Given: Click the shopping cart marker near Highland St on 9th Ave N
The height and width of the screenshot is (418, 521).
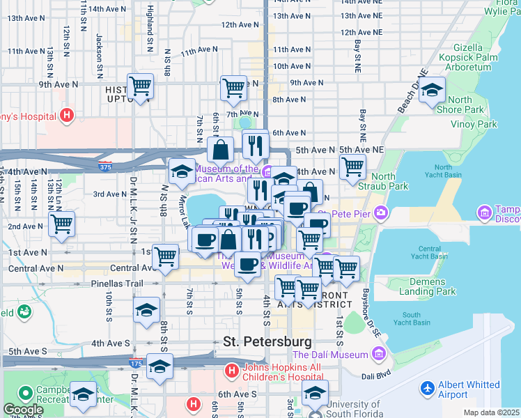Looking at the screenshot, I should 140,86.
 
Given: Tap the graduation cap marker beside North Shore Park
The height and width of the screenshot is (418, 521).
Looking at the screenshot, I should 432,91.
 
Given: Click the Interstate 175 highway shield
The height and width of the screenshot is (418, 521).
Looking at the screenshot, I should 137,363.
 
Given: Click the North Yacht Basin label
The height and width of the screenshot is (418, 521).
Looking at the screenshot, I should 443,172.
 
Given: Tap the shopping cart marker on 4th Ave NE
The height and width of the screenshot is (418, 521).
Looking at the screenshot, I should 353,167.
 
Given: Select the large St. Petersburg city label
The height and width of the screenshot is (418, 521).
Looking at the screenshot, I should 267,342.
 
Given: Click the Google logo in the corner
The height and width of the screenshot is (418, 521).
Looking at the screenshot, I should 23,410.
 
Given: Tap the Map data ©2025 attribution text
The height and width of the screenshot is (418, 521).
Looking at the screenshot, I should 491,412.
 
